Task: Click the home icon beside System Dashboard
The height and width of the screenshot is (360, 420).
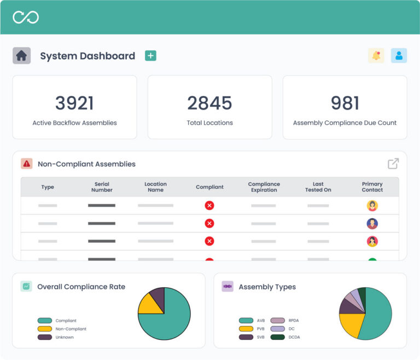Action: [x=21, y=55]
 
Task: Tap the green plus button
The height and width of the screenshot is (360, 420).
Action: [x=150, y=55]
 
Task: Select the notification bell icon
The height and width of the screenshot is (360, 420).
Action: [x=376, y=55]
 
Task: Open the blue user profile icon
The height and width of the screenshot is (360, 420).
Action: [x=399, y=55]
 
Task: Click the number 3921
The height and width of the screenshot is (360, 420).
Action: [x=74, y=103]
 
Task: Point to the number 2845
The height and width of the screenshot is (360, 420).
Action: [x=209, y=103]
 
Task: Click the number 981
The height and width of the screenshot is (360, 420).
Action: [x=345, y=103]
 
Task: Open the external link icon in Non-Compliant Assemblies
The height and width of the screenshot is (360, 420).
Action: [x=393, y=164]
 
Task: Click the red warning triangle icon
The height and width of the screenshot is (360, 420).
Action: [x=26, y=164]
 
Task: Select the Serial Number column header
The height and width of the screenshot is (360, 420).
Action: [x=102, y=187]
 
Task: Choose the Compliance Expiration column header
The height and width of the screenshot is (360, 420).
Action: [x=264, y=187]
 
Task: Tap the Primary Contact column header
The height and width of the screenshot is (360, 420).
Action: [x=372, y=187]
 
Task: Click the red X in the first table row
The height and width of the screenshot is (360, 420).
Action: [x=209, y=206]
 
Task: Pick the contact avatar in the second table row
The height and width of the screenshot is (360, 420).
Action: [x=372, y=223]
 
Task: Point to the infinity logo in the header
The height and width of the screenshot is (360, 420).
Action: [x=26, y=17]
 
